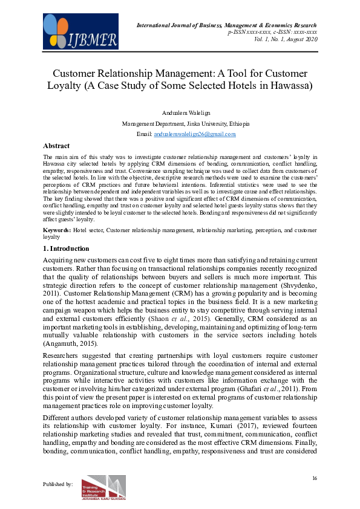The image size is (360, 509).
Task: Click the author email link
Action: pos(194,134)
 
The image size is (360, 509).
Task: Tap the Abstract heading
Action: pos(56,146)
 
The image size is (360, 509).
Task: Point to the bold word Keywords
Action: pos(57,230)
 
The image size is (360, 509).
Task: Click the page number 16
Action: pos(315,478)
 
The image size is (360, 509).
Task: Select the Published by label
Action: pos(59,484)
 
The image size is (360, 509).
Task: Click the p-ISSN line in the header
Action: pos(272,31)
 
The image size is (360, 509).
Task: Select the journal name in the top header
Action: pos(227,24)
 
